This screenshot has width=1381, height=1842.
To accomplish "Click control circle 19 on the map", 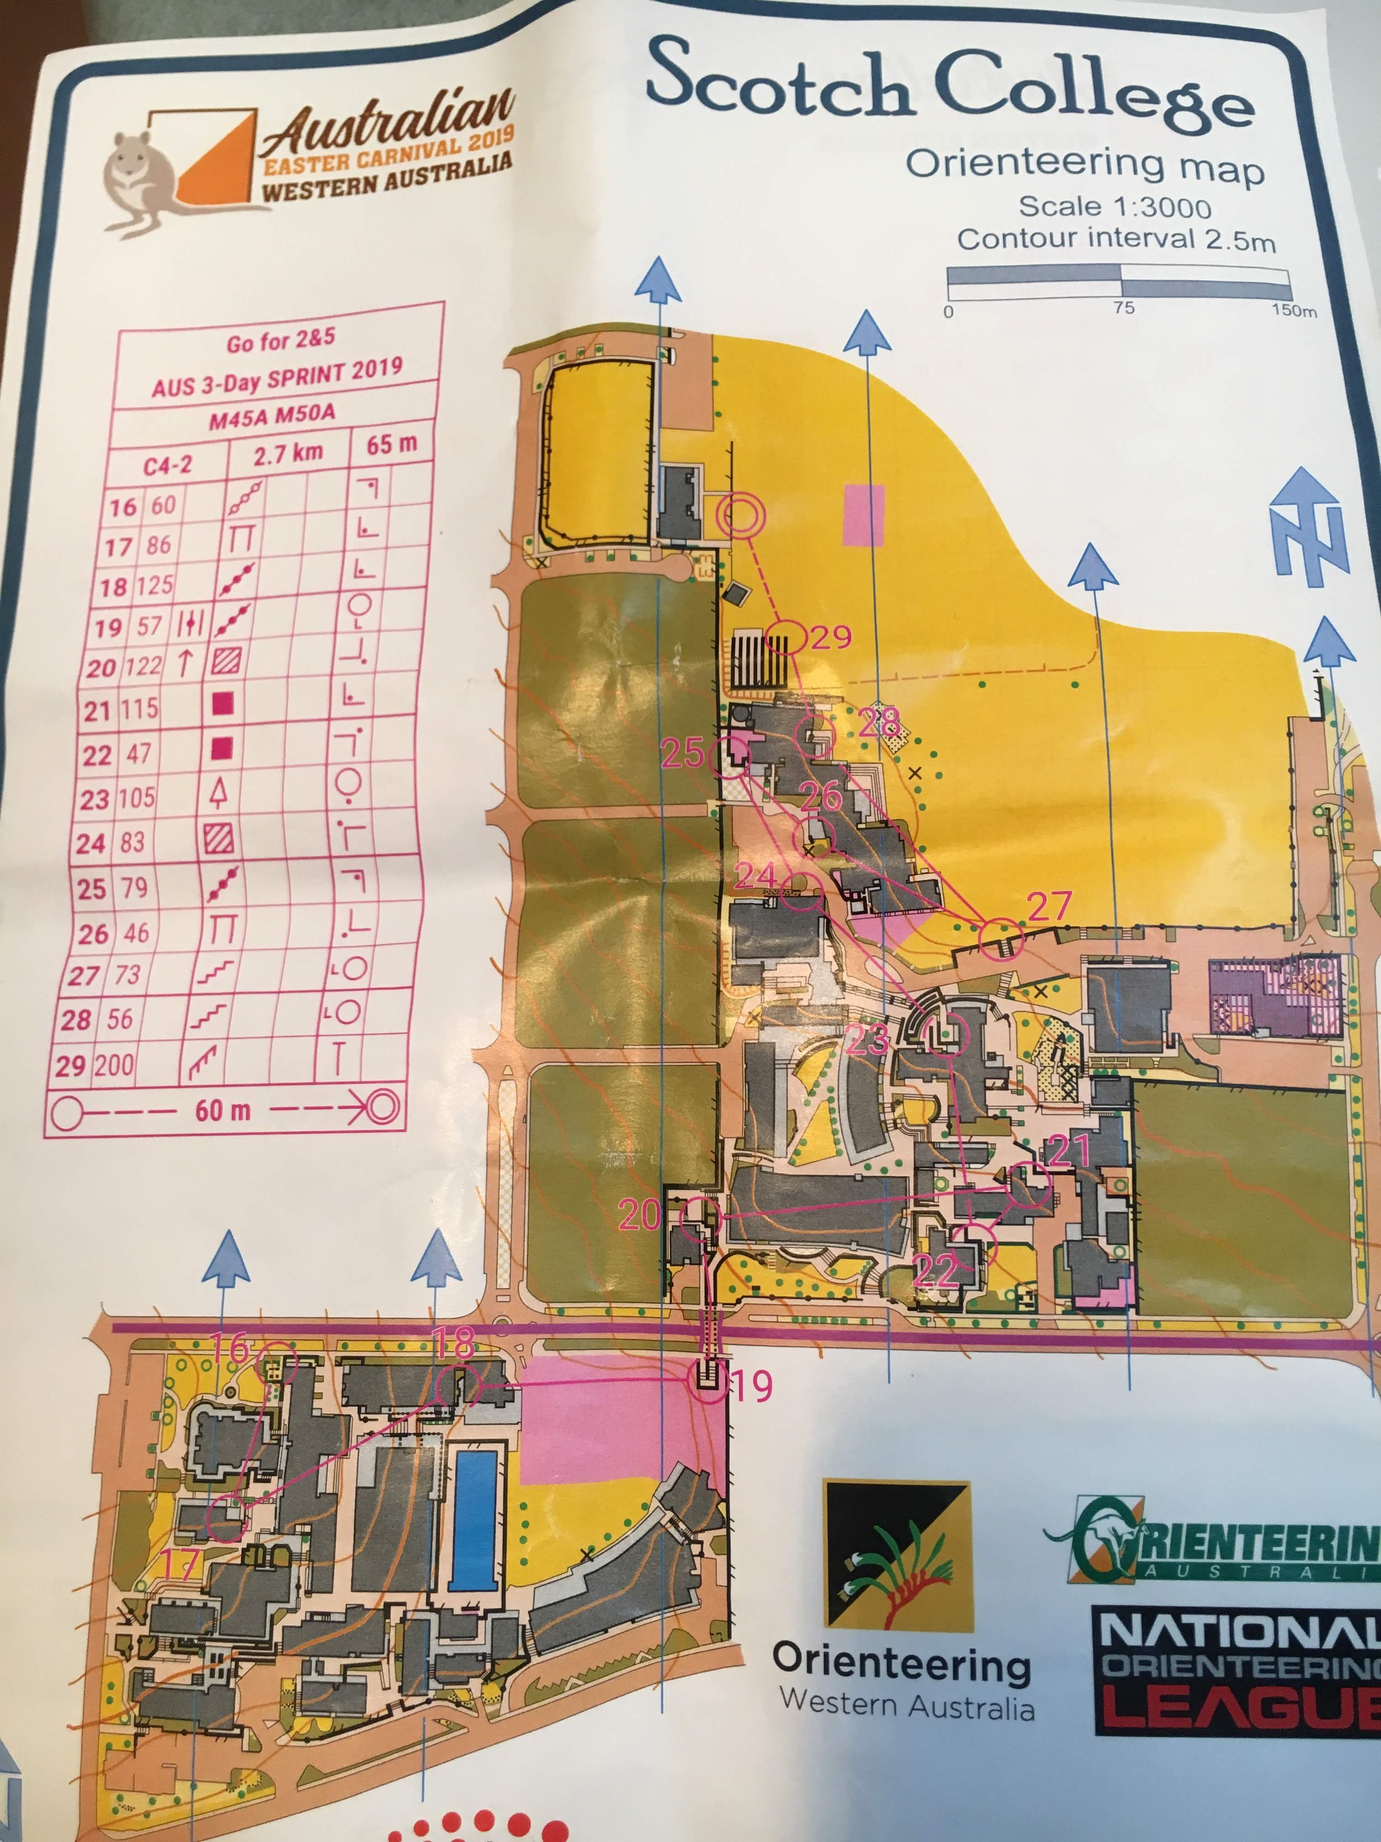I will click(x=707, y=1381).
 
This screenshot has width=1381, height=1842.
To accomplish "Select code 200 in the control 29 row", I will click(x=114, y=1064).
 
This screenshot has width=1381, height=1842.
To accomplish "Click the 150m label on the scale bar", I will click(x=1294, y=311).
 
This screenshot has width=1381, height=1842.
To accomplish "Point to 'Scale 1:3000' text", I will click(x=1115, y=206).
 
